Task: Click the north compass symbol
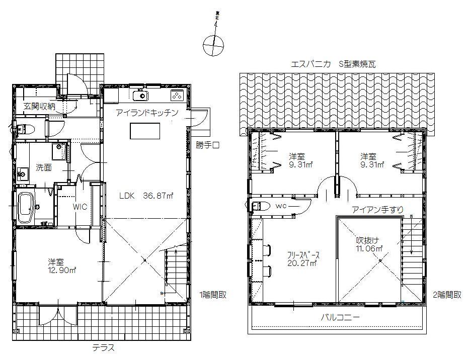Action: [x=212, y=46]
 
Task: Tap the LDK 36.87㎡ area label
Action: [x=146, y=196]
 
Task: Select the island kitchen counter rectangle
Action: [x=144, y=131]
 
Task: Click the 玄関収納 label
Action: [x=39, y=107]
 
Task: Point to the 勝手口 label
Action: [x=208, y=145]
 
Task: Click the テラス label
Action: [x=103, y=347]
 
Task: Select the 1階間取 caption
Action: [x=212, y=295]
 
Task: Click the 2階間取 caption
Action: [x=447, y=295]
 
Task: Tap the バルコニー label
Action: [x=340, y=318]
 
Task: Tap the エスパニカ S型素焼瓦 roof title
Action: [x=333, y=64]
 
